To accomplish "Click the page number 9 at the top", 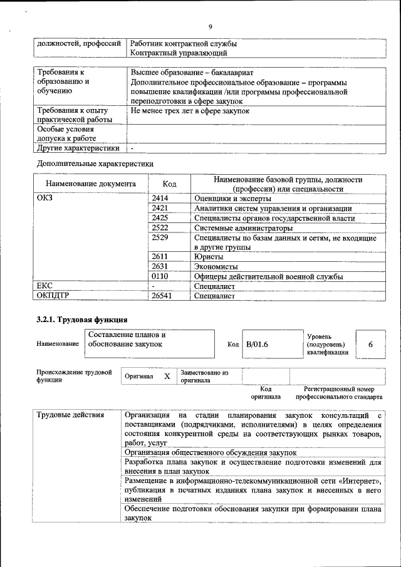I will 211,26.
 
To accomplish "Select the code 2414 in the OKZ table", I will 160,199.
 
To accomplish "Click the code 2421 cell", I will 160,208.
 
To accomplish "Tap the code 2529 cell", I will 160,237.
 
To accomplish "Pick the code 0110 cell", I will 160,276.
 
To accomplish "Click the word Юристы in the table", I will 209,257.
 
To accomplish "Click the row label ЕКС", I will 45,286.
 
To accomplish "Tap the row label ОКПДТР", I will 55,296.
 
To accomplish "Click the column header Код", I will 169,184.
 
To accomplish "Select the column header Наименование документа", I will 91,184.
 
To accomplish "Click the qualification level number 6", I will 370,345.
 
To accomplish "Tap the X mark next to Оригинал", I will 167,377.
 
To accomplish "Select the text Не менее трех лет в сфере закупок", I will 190,111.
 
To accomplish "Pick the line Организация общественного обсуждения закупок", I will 211,452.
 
